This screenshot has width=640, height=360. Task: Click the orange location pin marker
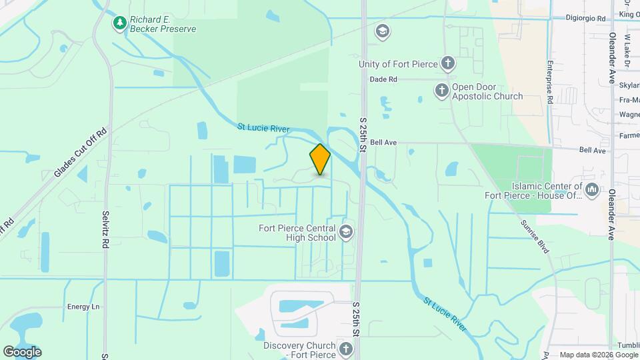[320, 159]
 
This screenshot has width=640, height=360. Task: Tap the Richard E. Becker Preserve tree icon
[120, 23]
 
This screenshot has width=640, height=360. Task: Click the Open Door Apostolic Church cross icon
[441, 90]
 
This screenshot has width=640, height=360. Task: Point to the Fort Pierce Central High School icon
[345, 232]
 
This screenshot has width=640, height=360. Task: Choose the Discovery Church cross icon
[345, 348]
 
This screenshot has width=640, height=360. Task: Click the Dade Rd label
[383, 79]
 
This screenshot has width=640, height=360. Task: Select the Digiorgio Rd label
[585, 19]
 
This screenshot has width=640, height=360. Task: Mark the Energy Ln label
[83, 307]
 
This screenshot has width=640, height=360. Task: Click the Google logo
[22, 352]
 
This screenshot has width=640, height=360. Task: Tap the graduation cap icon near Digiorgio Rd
[382, 31]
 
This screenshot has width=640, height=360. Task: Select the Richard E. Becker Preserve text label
[163, 24]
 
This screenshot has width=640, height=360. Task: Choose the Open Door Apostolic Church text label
[487, 91]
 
